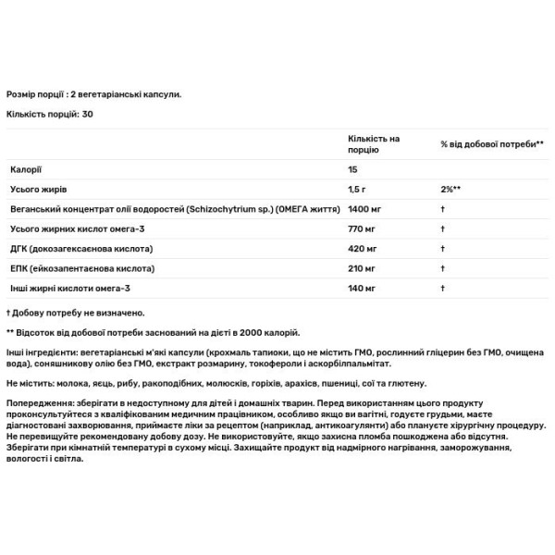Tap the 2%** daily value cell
(450, 190)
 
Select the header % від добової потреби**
(492, 144)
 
